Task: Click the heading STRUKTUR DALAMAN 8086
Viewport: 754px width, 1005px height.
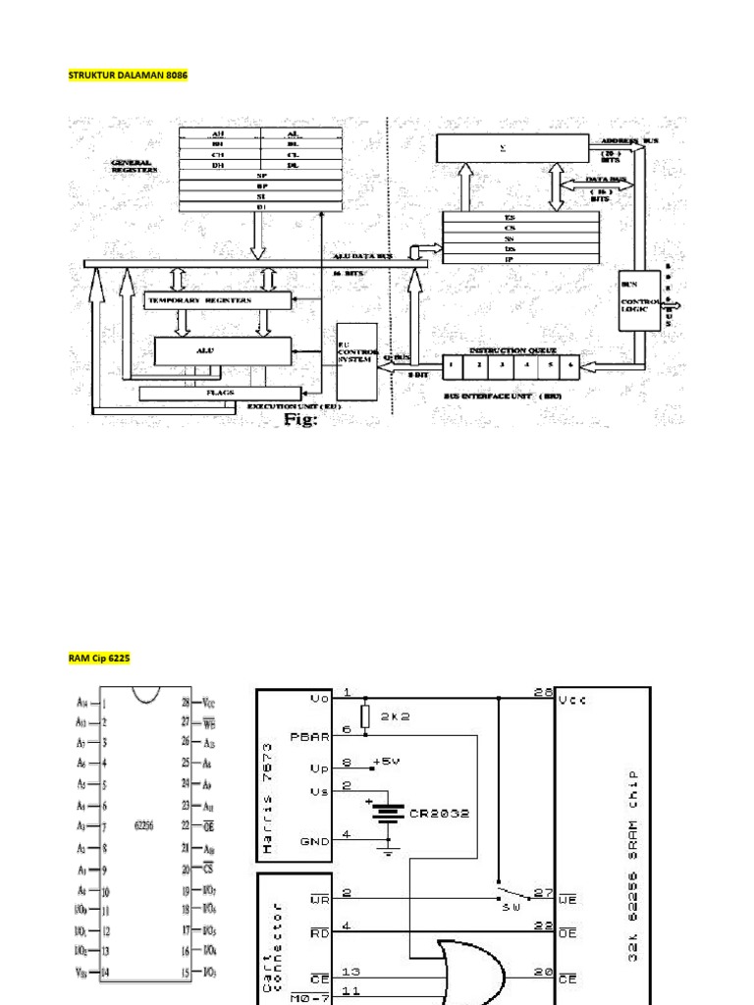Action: (127, 75)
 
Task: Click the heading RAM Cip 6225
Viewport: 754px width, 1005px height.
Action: (99, 661)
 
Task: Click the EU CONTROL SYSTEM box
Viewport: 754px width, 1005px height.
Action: (355, 360)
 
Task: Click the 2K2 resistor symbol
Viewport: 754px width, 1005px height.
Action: (365, 716)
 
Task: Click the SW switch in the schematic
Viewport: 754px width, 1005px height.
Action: (506, 896)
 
